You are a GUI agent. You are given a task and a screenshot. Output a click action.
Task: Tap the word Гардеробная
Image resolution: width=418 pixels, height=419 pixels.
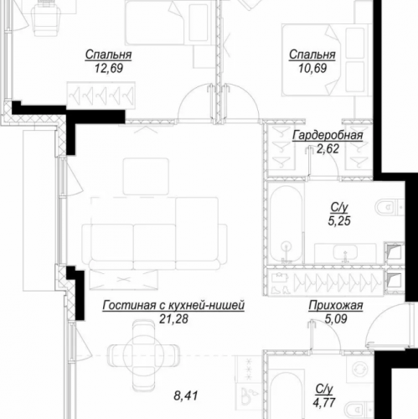pos(328,136)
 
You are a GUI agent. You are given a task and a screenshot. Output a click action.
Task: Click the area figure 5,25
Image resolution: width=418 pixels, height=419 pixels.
pos(338,220)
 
